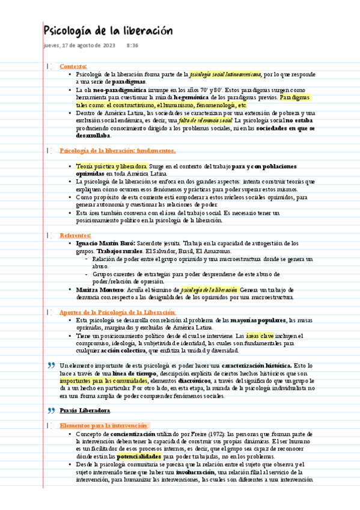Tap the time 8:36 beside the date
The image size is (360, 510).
point(133,46)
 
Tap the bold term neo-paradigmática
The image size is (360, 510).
point(115,89)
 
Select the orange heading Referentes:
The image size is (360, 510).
point(75,235)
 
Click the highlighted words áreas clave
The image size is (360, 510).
point(260,336)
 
